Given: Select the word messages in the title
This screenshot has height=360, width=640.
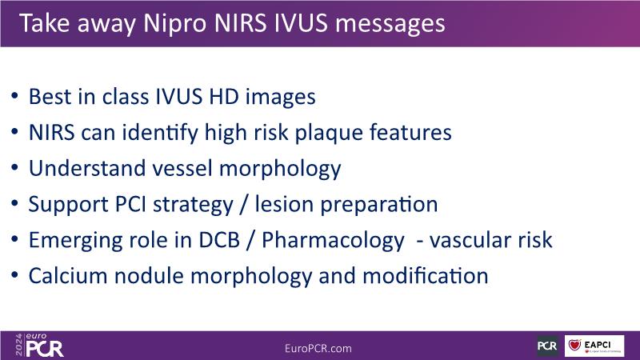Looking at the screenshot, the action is (x=390, y=23).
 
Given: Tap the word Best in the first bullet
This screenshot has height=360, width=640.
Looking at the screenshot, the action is (x=48, y=97).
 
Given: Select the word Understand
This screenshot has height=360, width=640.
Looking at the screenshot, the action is (x=87, y=168).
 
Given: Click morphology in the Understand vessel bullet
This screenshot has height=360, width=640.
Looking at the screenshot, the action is (x=280, y=169).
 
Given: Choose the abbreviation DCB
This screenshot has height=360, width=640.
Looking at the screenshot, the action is (x=219, y=240).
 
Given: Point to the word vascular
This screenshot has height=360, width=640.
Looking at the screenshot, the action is (x=470, y=240).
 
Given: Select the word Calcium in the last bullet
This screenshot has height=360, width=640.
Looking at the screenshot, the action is (x=68, y=276).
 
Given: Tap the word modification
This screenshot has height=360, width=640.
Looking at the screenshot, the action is (x=426, y=276).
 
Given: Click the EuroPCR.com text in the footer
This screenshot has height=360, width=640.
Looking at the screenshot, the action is (x=318, y=349).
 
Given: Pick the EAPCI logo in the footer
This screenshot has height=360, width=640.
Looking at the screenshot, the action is (x=594, y=346).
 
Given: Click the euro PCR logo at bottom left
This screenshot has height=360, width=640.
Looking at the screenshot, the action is (x=39, y=346).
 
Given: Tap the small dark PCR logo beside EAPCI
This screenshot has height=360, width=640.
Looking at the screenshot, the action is (x=547, y=346).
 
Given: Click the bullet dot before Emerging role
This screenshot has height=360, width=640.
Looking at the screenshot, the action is (x=14, y=239).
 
